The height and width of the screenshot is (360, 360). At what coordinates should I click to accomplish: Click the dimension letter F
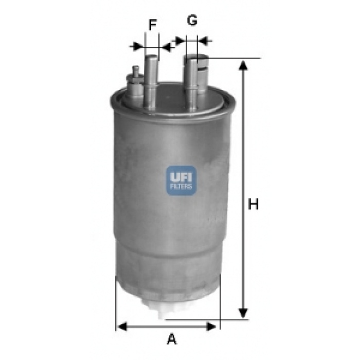153,25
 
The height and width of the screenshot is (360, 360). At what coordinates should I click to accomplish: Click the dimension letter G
192,20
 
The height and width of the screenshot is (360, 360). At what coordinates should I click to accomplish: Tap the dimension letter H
253,204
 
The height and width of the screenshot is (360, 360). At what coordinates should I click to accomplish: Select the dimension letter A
172,339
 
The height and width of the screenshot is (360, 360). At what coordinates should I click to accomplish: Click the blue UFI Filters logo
181,181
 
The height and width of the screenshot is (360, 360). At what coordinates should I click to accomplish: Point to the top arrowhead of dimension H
243,66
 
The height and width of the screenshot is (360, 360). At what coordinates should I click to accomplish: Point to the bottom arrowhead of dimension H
243,313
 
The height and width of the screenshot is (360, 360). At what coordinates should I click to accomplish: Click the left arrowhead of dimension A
122,327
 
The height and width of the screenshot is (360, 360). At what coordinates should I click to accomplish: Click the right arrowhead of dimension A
211,327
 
